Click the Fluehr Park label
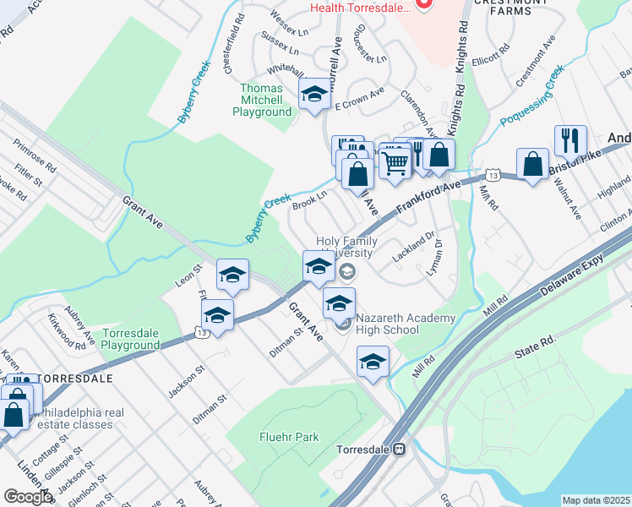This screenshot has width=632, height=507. [x=289, y=437]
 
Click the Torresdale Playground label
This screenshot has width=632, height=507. [x=130, y=339]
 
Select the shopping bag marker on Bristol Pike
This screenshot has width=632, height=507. [x=532, y=164]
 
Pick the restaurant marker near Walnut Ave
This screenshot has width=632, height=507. [x=571, y=141]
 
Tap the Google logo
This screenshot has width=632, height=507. [x=28, y=497]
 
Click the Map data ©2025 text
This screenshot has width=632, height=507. [x=596, y=500]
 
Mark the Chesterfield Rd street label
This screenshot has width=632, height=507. [x=233, y=42]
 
